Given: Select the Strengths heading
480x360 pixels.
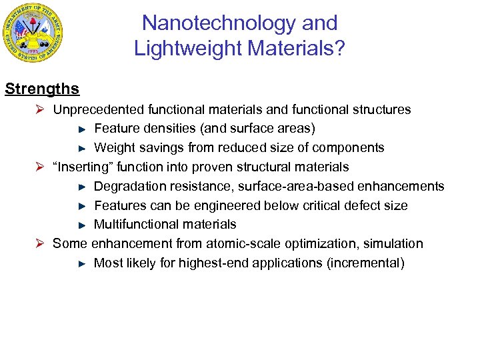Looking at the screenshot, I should point(42,89).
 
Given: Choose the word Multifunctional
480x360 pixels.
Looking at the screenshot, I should point(137,225).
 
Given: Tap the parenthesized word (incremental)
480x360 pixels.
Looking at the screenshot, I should point(365,263).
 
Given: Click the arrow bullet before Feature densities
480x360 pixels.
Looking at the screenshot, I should point(82,129).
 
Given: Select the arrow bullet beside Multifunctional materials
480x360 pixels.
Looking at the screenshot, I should point(82,225).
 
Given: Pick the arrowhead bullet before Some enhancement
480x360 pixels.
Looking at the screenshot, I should point(40,244).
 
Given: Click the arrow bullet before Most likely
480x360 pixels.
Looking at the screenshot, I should point(82,264).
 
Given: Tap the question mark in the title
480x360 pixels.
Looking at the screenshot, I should point(339,48).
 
